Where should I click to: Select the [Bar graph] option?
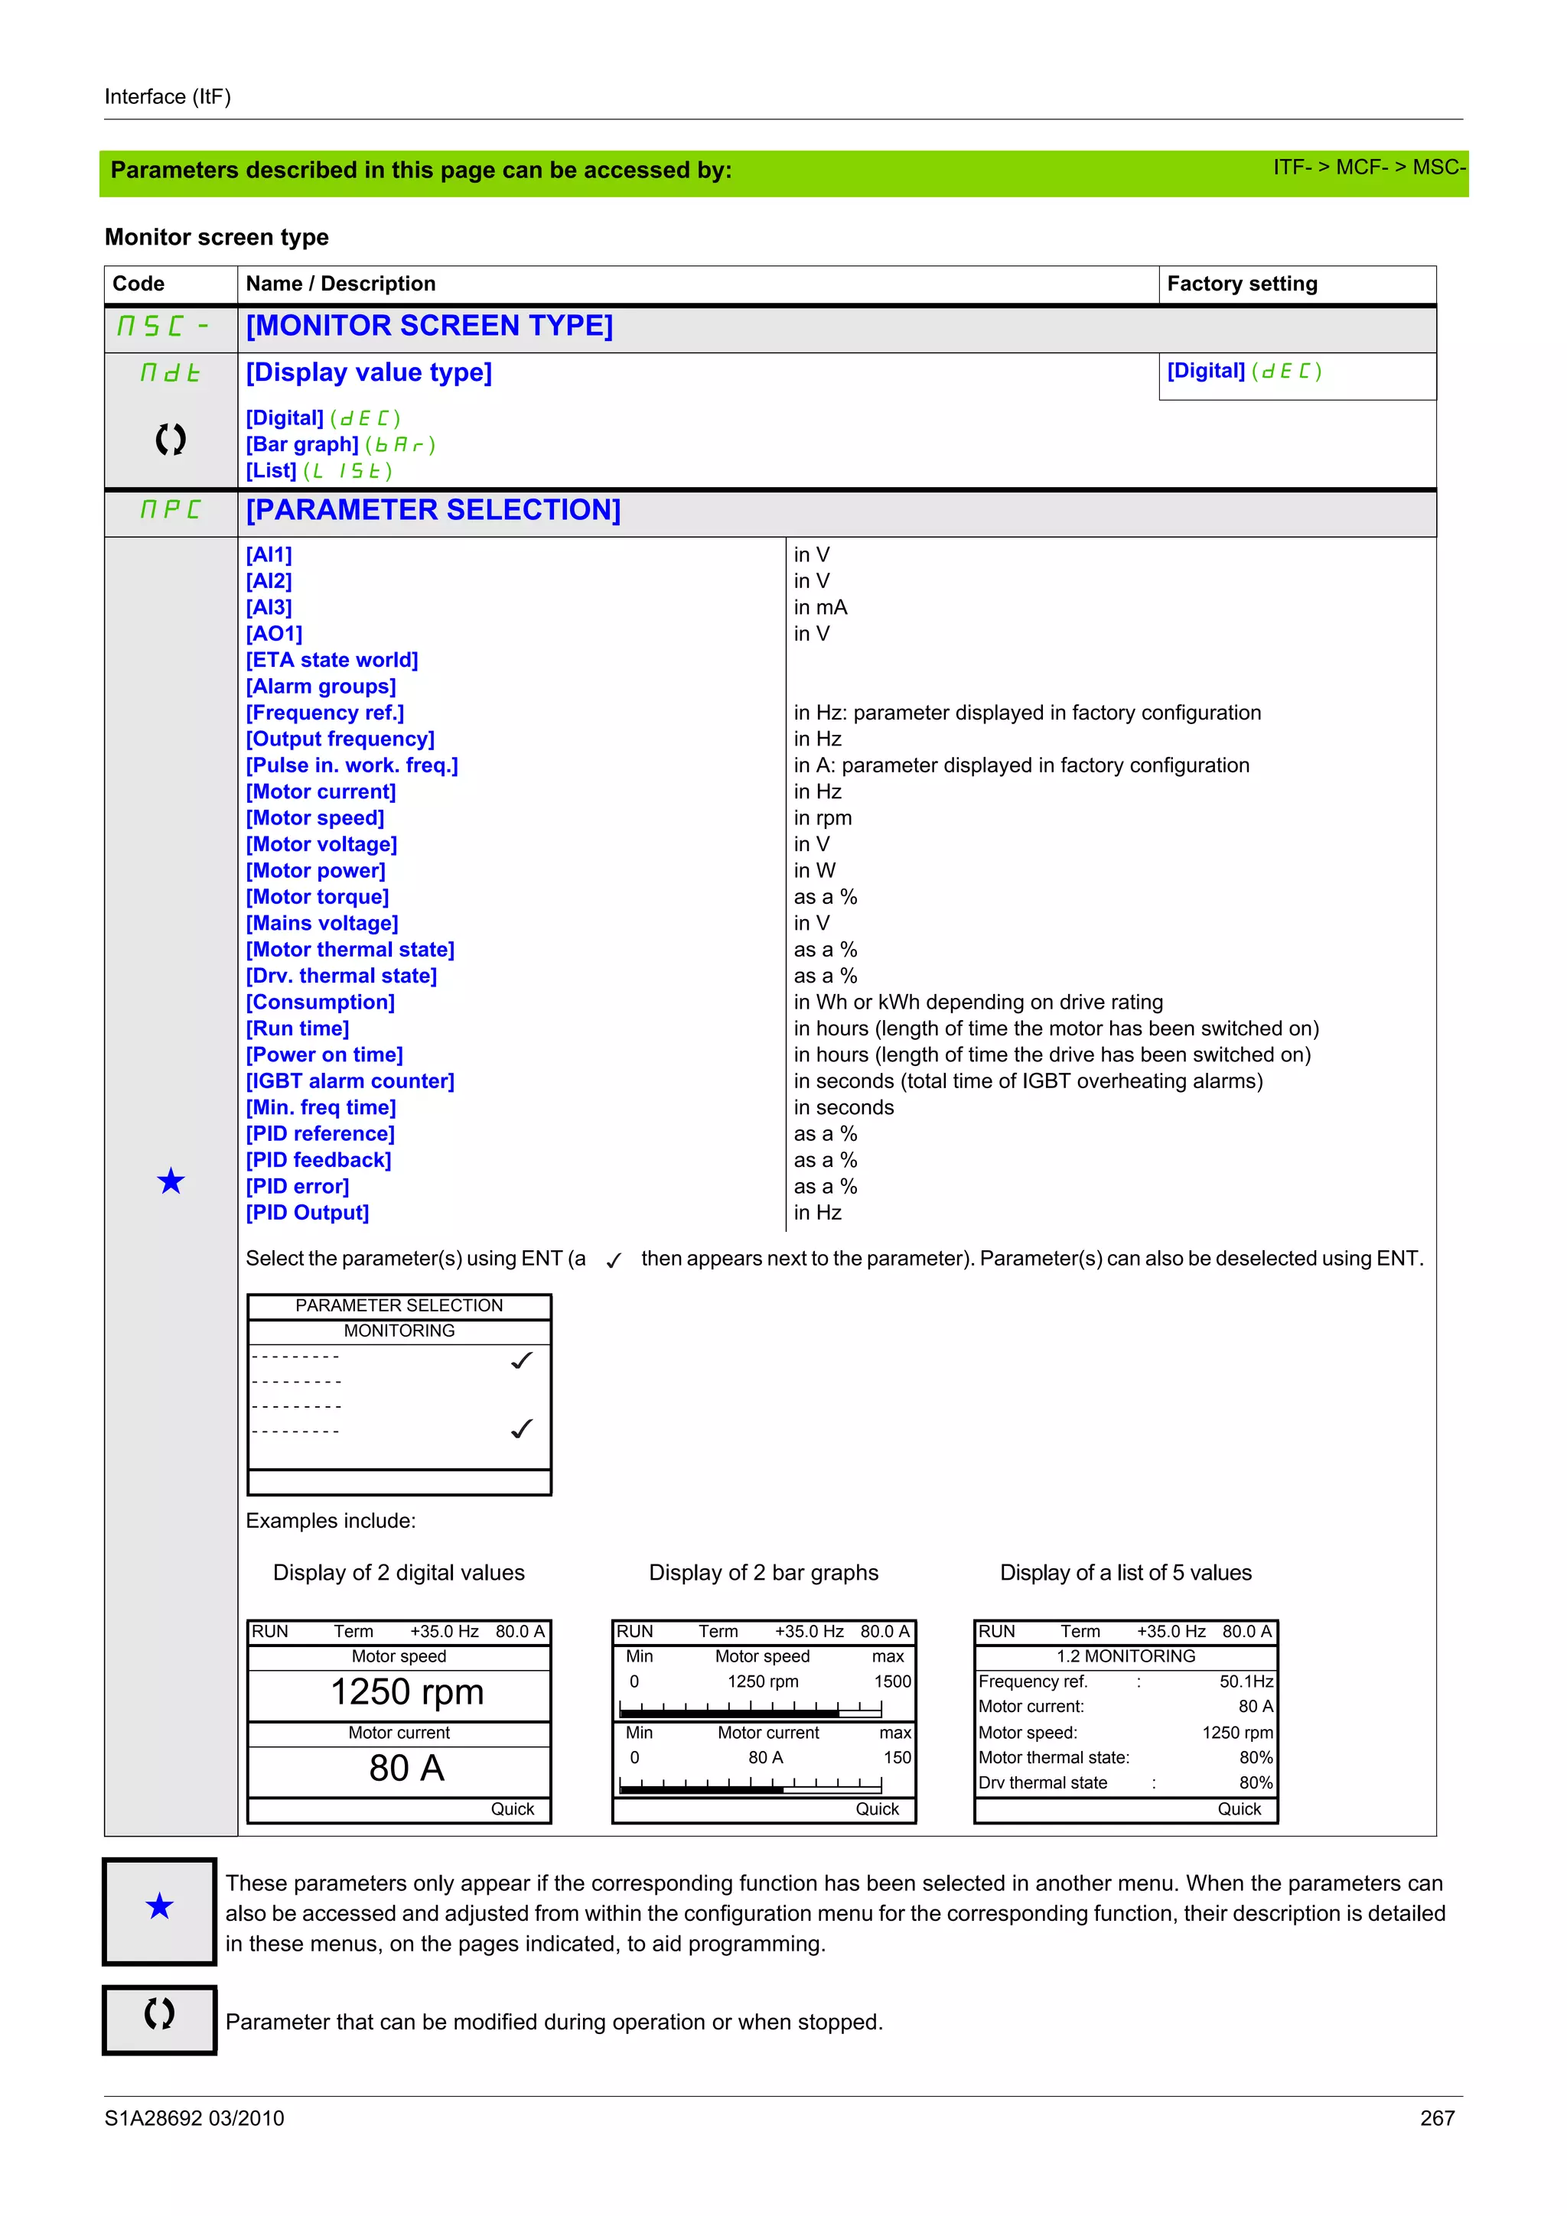(302, 445)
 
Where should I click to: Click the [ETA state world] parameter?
(331, 660)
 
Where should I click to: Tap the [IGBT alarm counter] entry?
(350, 1081)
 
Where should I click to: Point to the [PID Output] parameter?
(307, 1214)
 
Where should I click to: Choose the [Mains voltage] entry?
(321, 924)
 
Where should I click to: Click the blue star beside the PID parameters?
(171, 1181)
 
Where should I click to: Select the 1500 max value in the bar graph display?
(892, 1681)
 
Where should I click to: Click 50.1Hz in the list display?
(1246, 1681)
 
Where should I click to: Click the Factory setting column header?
(1242, 284)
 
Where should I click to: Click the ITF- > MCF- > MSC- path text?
(1368, 168)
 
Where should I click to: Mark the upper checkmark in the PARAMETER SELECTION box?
(521, 1361)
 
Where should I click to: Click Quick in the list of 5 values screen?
(1239, 1810)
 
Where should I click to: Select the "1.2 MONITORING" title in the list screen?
(1125, 1656)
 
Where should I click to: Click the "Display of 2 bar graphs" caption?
(763, 1572)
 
